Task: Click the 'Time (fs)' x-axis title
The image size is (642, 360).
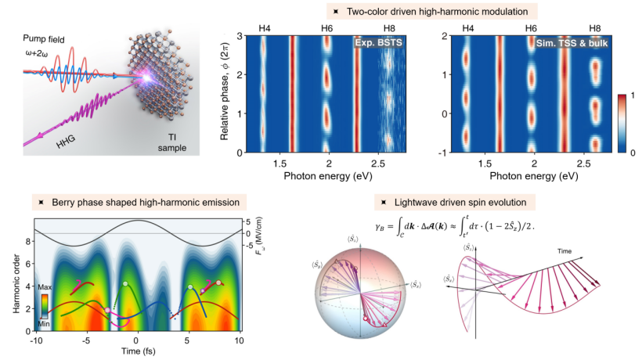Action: click(x=136, y=353)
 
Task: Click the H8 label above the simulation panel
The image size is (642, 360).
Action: click(x=596, y=28)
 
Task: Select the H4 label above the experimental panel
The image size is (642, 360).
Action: click(x=264, y=28)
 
